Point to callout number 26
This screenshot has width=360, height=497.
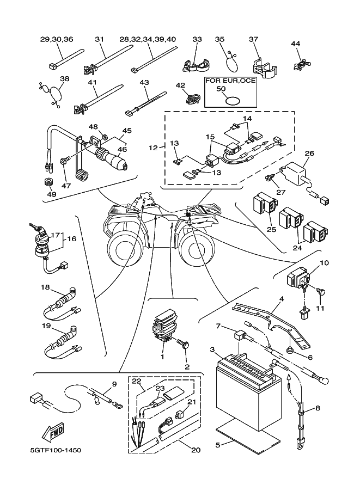(309, 153)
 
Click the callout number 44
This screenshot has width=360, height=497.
(296, 44)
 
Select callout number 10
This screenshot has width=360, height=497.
(324, 263)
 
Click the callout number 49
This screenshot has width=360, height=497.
(51, 194)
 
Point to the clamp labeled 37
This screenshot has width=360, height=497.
(264, 68)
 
